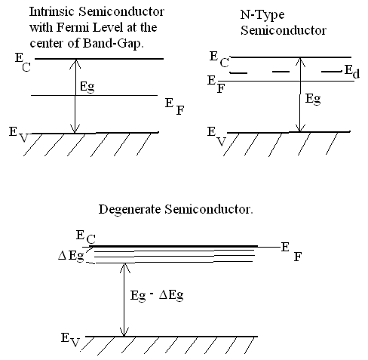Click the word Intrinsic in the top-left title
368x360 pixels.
[52, 11]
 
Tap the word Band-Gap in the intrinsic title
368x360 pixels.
[113, 43]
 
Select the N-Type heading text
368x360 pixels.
[262, 15]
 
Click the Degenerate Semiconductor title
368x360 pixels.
[176, 209]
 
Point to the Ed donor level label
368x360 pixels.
[352, 72]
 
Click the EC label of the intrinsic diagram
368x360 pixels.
[23, 63]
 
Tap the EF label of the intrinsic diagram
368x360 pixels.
[175, 106]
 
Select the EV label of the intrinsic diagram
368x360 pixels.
[19, 134]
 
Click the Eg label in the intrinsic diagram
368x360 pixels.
[87, 87]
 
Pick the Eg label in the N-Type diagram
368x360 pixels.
[313, 99]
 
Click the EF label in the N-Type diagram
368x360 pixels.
[216, 85]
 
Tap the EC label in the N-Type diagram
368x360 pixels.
[219, 60]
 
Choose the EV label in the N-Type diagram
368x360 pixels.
[216, 137]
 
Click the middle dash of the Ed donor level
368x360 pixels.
[281, 72]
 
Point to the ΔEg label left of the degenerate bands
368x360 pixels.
[71, 257]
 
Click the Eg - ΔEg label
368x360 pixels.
[157, 295]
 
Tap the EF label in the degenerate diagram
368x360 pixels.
[291, 251]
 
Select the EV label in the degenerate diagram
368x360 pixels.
[70, 340]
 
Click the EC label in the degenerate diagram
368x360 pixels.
[86, 238]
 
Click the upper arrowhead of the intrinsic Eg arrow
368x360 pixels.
[75, 63]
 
